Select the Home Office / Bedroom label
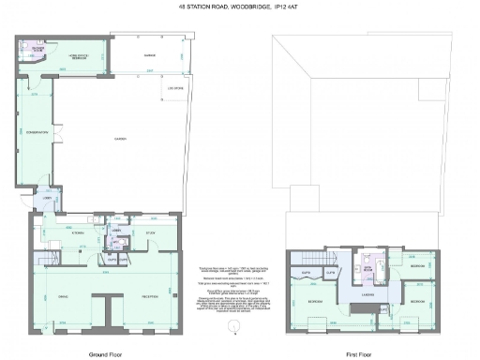tap(77, 55)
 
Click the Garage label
tap(148, 55)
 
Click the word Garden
tap(119, 139)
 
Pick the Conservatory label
tap(36, 132)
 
